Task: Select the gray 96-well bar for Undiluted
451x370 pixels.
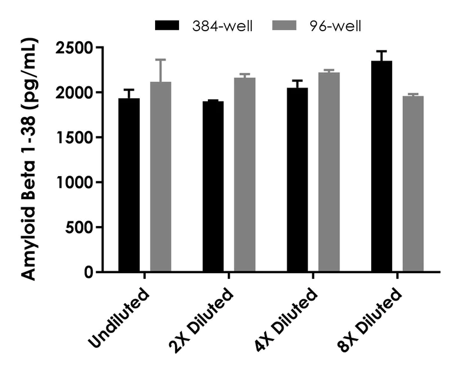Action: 160,177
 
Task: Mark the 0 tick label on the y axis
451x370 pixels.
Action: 88,273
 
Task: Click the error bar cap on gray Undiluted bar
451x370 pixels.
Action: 160,59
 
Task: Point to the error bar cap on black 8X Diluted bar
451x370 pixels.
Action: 381,51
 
